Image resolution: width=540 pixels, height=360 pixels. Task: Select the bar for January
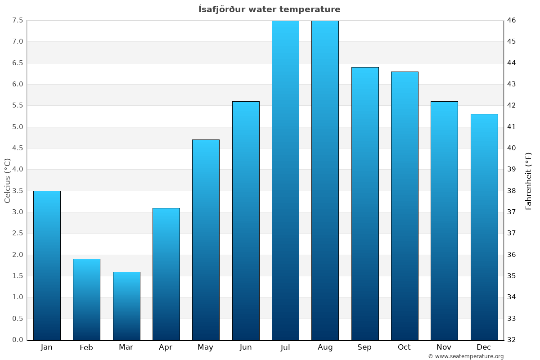(x=47, y=265)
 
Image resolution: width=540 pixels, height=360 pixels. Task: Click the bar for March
(x=126, y=306)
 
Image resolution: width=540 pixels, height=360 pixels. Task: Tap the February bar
(x=86, y=299)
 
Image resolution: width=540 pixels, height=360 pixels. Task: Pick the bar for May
(x=206, y=239)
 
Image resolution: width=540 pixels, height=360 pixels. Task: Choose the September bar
(x=365, y=203)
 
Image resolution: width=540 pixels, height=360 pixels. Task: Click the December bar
(x=484, y=227)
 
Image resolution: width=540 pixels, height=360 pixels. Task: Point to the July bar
(x=285, y=180)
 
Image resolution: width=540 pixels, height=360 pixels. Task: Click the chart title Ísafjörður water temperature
(x=270, y=9)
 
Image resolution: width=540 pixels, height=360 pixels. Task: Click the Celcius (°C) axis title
(x=7, y=180)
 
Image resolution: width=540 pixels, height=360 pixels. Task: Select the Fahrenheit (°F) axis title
(x=528, y=180)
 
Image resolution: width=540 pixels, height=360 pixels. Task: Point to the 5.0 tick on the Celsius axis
(x=18, y=127)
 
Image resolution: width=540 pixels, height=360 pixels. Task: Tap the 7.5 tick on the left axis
(x=18, y=20)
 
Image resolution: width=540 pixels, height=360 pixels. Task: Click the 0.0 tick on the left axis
(x=18, y=340)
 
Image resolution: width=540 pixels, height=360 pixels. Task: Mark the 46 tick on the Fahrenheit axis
(x=512, y=20)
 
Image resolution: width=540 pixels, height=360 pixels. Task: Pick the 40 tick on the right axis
(x=512, y=148)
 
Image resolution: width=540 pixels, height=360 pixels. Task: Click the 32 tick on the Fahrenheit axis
(x=512, y=340)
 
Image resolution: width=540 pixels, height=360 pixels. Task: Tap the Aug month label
(x=325, y=347)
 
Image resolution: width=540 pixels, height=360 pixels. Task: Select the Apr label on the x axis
(x=166, y=347)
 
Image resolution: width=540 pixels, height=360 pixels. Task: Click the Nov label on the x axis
(x=444, y=347)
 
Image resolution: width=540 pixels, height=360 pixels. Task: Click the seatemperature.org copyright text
(x=466, y=356)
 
